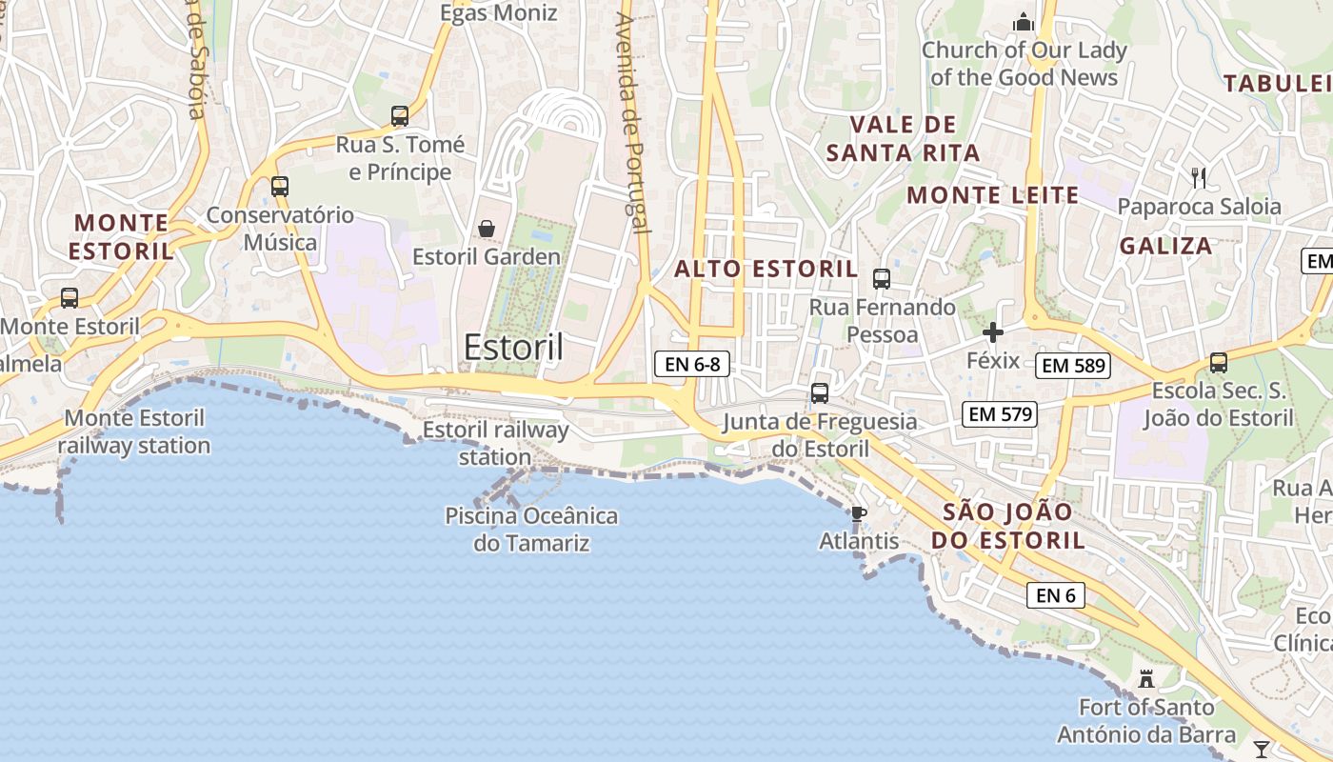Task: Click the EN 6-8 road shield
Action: (x=692, y=363)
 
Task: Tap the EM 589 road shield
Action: (x=1073, y=365)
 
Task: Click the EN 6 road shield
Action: (x=1056, y=595)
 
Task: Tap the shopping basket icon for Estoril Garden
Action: (x=487, y=229)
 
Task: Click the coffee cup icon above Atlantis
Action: (x=858, y=514)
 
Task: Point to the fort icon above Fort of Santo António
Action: (x=1146, y=679)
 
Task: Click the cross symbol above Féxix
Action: (x=993, y=332)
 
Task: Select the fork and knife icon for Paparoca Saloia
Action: (x=1199, y=177)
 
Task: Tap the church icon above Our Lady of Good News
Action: (x=1024, y=20)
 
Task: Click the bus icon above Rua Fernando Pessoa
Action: (x=882, y=279)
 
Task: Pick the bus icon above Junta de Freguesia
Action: (x=819, y=392)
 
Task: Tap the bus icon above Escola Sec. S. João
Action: (x=1218, y=362)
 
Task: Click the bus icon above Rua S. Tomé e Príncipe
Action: (x=400, y=116)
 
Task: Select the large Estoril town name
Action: (x=513, y=347)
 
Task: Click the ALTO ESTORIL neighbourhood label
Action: (x=766, y=269)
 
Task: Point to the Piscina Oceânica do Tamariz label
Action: (x=531, y=530)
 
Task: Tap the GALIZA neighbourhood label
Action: (x=1166, y=246)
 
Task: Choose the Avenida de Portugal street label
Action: (x=631, y=124)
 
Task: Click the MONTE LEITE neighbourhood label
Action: (x=993, y=195)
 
